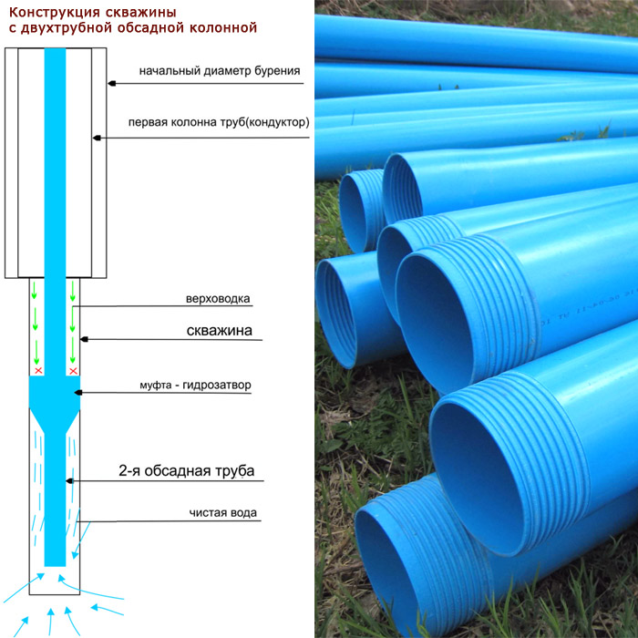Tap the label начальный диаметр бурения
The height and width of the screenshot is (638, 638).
tap(220, 71)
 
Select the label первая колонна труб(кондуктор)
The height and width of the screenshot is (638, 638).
tap(219, 122)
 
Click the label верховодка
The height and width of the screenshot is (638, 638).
tap(218, 299)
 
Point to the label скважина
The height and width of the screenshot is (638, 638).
tap(220, 330)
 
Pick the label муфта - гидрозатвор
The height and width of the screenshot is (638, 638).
tap(195, 385)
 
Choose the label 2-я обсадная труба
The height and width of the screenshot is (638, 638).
tap(186, 471)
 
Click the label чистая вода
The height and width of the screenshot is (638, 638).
tap(223, 512)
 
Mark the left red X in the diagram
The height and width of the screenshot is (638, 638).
tap(38, 370)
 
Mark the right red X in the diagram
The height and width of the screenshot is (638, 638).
tap(73, 371)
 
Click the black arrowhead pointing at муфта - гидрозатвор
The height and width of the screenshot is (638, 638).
tap(78, 392)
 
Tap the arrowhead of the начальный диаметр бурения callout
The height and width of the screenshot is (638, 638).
tap(112, 84)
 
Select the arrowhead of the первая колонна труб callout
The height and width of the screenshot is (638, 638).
tap(97, 138)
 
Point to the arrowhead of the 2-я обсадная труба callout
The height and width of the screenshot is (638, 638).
tap(69, 481)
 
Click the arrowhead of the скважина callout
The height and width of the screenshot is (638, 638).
tap(84, 339)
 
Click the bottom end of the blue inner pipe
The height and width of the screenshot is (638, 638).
tap(55, 566)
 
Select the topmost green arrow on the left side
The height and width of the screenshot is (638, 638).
tap(35, 290)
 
